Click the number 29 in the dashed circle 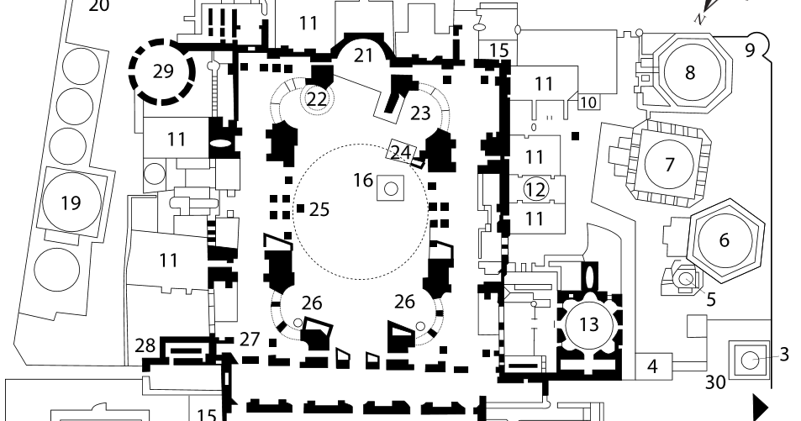pos(163,71)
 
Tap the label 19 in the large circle pos(71,203)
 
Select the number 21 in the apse pos(363,55)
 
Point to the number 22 pos(316,98)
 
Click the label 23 pos(419,113)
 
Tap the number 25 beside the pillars pos(319,209)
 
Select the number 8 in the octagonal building pos(690,72)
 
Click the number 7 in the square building pos(669,164)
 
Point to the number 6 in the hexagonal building pos(724,239)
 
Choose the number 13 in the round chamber pos(588,324)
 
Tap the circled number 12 pos(535,189)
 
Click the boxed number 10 pos(588,103)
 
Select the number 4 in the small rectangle pos(652,366)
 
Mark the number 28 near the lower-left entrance pos(145,345)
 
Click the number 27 pos(249,339)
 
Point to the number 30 pos(714,382)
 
